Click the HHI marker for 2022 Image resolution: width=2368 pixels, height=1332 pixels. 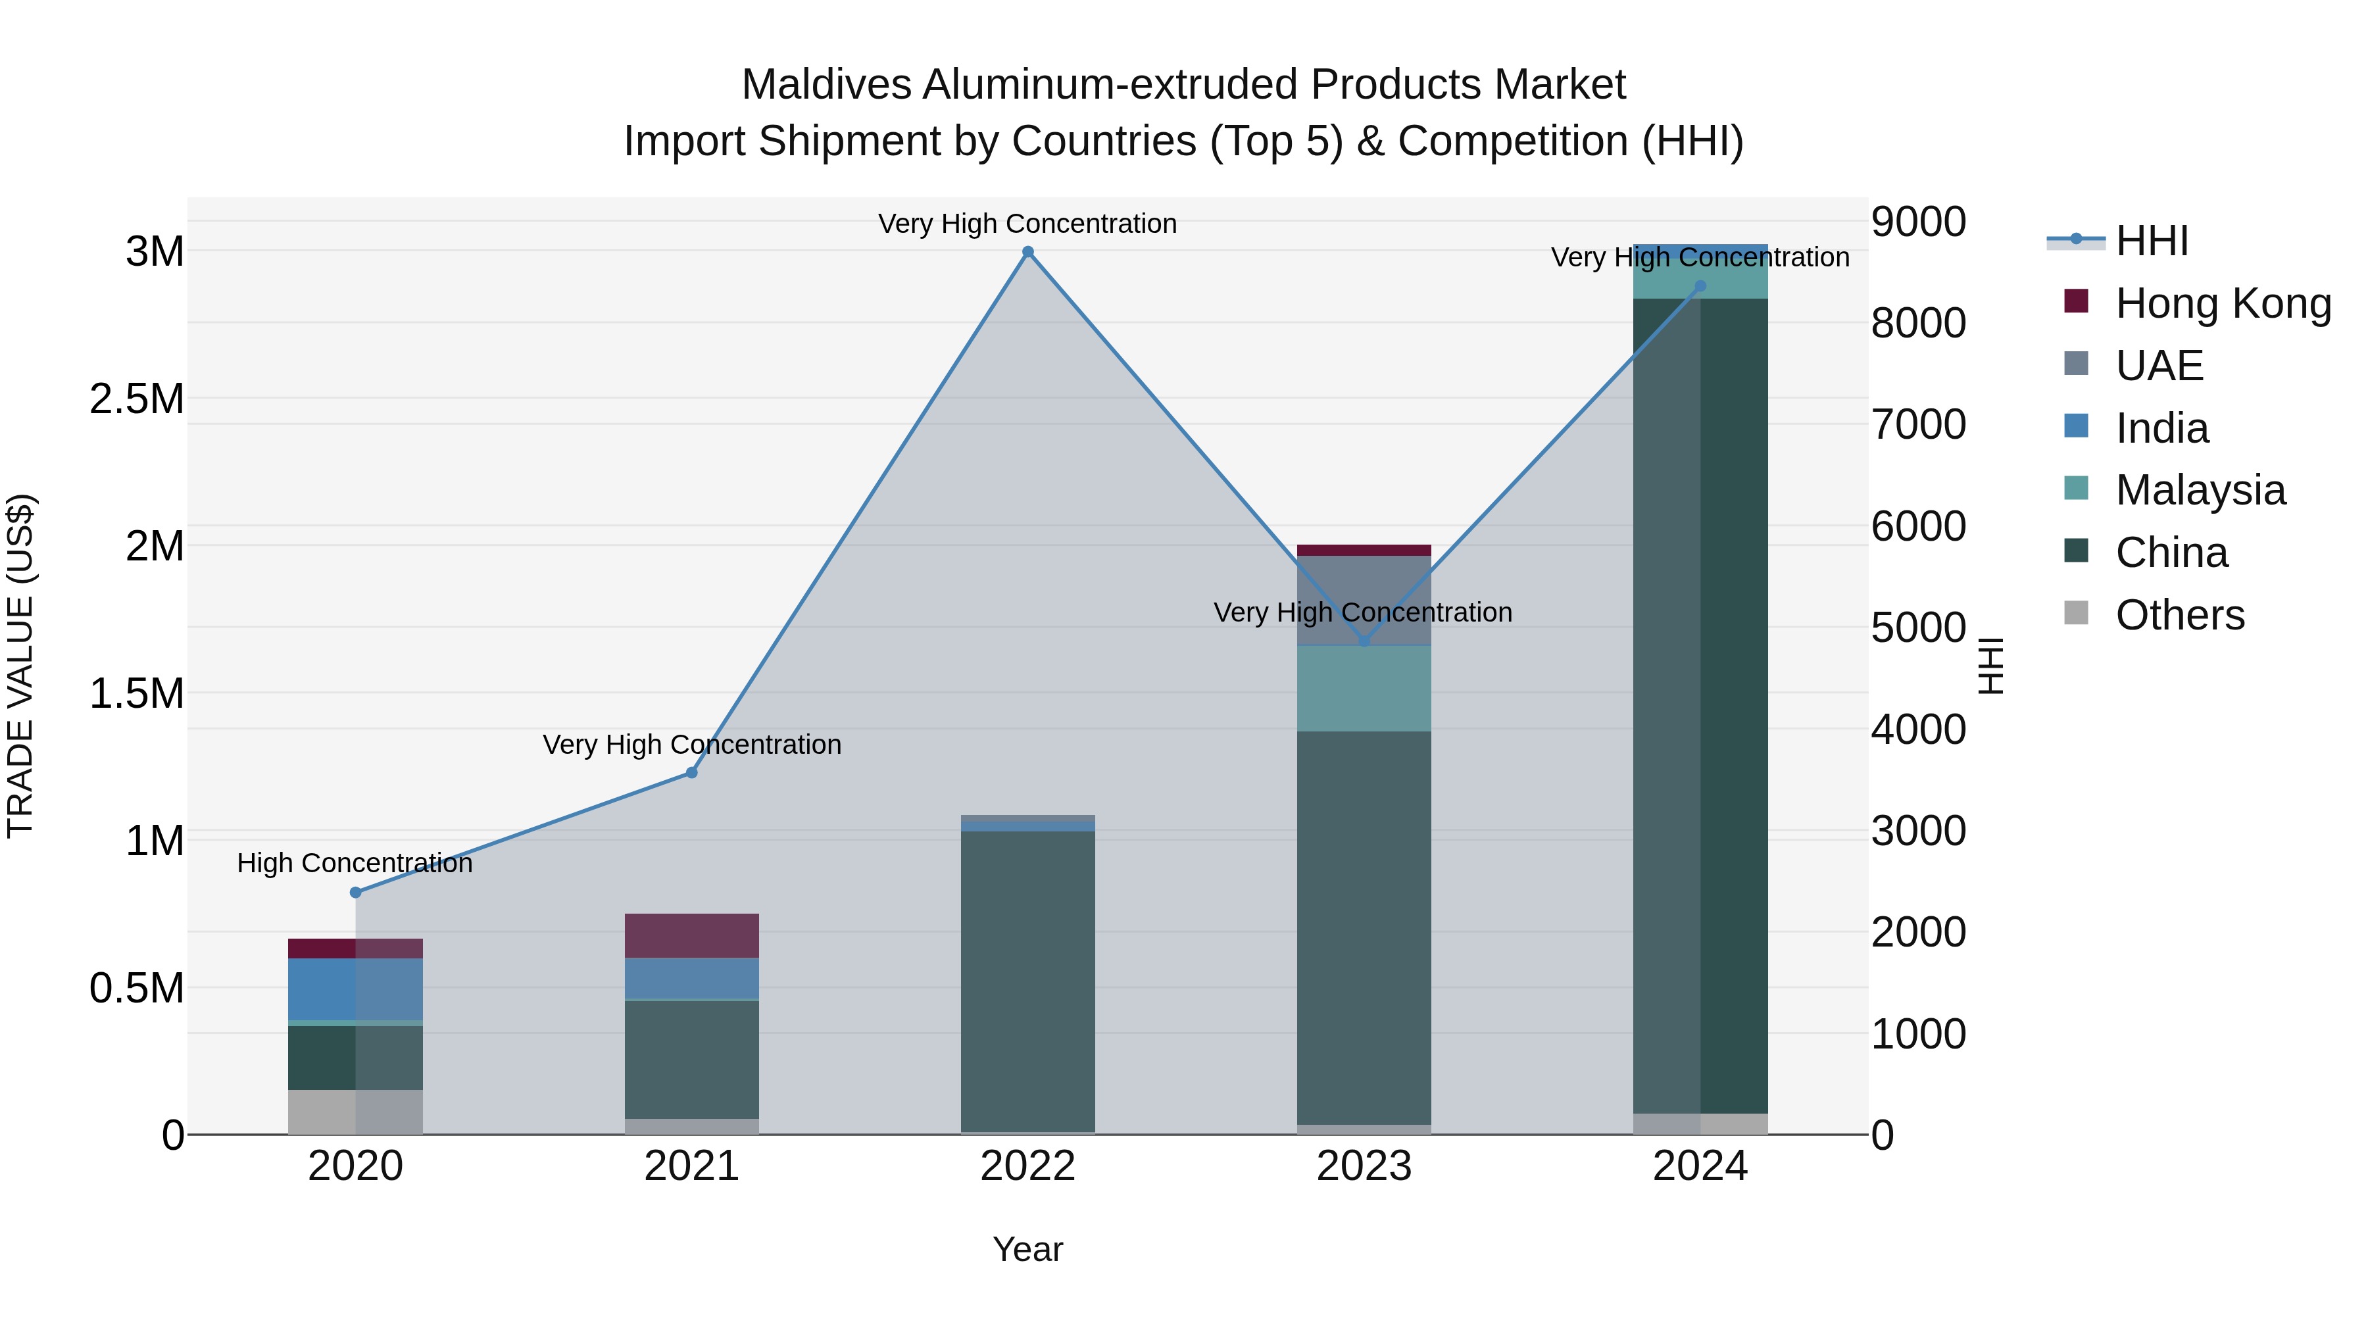(1027, 252)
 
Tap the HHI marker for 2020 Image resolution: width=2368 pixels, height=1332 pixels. (356, 893)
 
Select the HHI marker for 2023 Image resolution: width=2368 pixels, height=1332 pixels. (1364, 641)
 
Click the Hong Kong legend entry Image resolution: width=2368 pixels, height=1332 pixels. (2222, 303)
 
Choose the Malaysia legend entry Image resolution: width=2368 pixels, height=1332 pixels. (2200, 490)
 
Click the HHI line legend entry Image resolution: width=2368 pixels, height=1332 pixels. (2151, 241)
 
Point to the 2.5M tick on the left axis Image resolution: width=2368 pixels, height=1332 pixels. (137, 399)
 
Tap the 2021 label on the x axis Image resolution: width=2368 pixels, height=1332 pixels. (691, 1166)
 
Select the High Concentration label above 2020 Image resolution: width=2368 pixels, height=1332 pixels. (355, 863)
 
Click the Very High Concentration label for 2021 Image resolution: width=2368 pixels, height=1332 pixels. (691, 745)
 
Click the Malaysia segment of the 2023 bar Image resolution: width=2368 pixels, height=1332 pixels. (1364, 689)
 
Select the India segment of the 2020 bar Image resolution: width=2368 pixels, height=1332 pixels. (356, 989)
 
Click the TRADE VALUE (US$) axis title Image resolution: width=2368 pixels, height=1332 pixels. (20, 666)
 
